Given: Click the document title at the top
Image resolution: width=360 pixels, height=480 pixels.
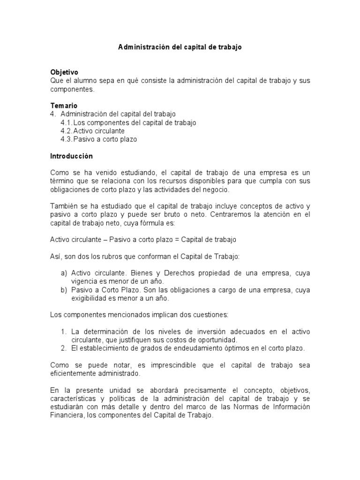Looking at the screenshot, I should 180,48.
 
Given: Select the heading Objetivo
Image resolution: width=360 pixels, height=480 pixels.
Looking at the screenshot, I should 64,72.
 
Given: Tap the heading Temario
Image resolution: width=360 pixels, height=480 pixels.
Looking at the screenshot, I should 64,105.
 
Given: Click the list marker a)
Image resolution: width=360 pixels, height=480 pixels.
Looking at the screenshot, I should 64,273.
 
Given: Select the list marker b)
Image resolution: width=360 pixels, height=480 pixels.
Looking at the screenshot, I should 64,290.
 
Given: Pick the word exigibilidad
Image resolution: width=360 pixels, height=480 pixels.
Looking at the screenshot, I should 91,298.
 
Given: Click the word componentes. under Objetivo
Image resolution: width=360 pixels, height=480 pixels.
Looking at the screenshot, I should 72,89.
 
